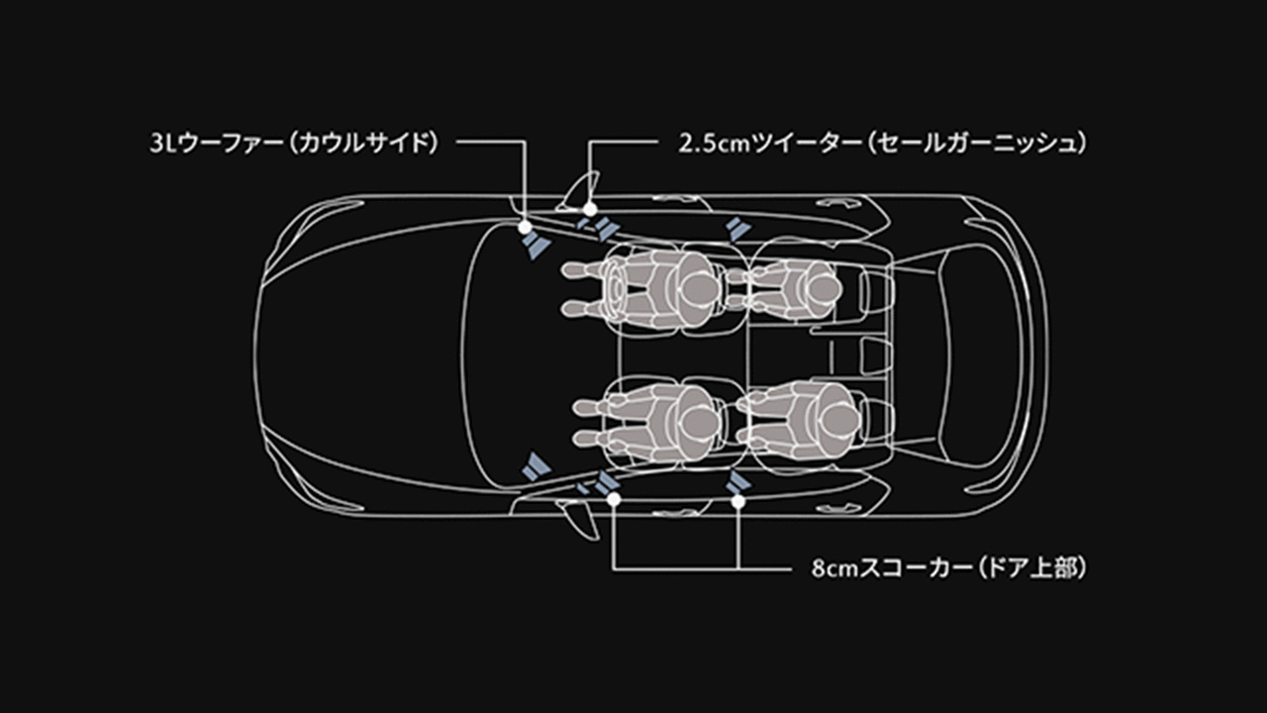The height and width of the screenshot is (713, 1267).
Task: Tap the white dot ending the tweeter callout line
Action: (x=590, y=210)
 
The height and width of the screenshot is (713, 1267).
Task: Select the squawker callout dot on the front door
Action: (x=614, y=500)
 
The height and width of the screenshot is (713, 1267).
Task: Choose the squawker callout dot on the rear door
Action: (x=738, y=501)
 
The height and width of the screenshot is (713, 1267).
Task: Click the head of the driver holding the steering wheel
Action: (x=698, y=287)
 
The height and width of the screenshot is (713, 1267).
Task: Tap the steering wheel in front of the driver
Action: (x=620, y=287)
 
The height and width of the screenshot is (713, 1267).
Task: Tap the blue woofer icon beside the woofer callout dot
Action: (x=536, y=245)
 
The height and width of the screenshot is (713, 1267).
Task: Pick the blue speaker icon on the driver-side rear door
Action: (x=735, y=231)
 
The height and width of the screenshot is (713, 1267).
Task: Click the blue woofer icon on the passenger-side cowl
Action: (x=536, y=467)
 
